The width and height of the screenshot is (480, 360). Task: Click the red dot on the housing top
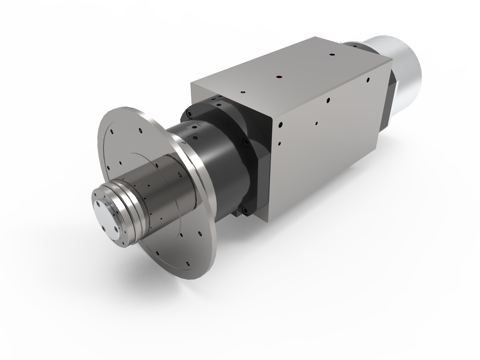click(x=279, y=77)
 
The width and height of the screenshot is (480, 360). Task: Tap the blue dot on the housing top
click(x=332, y=55)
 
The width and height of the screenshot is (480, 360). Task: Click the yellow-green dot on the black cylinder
click(x=196, y=138)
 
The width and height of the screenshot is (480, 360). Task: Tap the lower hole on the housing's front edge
click(x=279, y=143)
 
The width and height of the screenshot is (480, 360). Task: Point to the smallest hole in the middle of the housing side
click(x=317, y=123)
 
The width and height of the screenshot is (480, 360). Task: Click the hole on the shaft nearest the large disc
click(x=179, y=174)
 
